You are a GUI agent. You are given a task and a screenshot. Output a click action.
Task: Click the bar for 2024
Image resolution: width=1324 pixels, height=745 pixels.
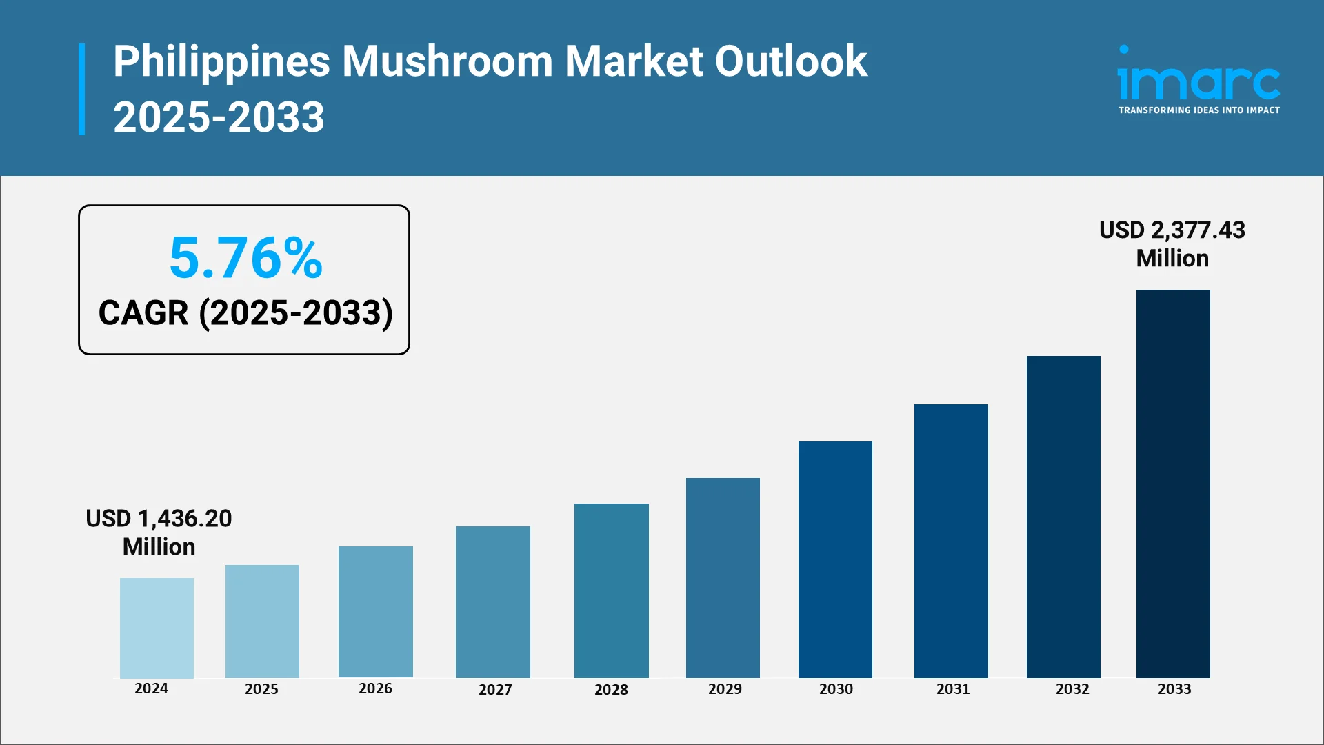tap(157, 628)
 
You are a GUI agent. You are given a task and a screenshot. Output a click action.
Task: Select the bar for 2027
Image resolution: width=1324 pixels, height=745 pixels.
tap(492, 602)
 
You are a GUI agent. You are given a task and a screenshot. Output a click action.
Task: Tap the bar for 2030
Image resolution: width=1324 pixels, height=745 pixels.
tap(835, 559)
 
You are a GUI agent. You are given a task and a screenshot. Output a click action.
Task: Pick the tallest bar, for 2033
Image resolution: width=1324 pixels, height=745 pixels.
tap(1173, 484)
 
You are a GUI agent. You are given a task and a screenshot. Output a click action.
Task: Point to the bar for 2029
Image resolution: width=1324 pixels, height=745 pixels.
tap(723, 577)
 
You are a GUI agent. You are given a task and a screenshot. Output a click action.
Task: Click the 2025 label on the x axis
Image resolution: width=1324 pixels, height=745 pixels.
tap(261, 689)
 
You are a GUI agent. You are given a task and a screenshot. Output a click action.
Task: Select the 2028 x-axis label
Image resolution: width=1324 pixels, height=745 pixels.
tap(611, 690)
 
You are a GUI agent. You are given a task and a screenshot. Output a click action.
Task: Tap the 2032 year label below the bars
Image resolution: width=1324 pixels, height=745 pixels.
tap(1072, 689)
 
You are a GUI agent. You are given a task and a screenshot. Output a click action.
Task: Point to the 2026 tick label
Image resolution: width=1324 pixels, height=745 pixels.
tap(375, 688)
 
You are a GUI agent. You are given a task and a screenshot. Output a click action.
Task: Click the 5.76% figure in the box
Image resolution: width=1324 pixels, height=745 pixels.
tap(245, 258)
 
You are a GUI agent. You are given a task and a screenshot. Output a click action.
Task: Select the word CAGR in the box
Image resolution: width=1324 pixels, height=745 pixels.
tap(143, 313)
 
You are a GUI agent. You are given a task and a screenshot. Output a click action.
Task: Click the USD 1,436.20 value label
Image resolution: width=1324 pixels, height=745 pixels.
tap(159, 519)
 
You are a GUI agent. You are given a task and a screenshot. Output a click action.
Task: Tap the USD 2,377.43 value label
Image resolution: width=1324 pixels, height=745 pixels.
tap(1172, 230)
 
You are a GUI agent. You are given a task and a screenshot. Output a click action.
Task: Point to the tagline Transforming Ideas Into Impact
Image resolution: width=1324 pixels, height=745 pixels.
tap(1198, 110)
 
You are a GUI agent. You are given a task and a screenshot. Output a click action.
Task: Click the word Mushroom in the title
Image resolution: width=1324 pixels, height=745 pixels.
tap(448, 61)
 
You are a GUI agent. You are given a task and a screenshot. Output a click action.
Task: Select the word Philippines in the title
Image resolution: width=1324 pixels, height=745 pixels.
tap(221, 61)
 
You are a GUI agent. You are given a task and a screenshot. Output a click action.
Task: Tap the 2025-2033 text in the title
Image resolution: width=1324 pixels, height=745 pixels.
tap(219, 117)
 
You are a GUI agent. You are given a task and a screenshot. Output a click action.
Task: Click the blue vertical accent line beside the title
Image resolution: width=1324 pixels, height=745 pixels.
tap(82, 89)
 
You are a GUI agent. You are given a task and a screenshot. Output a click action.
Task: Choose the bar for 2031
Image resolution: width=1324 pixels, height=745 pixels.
tap(951, 541)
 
